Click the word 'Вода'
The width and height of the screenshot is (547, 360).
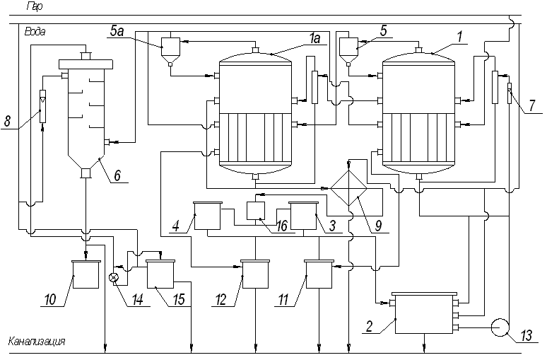tap(35, 32)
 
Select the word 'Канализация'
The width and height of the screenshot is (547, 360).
tap(37, 342)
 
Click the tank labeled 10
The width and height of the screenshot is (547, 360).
tap(86, 274)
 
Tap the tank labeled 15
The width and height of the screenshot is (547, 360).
tap(160, 274)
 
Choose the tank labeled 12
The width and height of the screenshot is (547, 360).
tap(255, 274)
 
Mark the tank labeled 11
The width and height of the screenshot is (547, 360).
tap(319, 274)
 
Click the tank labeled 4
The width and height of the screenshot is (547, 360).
tap(208, 216)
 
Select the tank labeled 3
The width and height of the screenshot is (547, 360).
tap(303, 216)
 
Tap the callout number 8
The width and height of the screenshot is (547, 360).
tap(7, 122)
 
